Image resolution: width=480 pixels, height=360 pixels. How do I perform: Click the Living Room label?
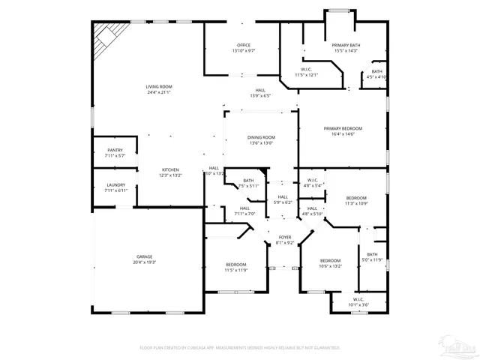pyautogui.click(x=159, y=88)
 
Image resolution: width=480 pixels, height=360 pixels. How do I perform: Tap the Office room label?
pyautogui.click(x=244, y=46)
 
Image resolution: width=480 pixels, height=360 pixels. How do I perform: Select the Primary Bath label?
pyautogui.click(x=346, y=46)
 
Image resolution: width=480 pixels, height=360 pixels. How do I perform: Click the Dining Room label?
pyautogui.click(x=262, y=138)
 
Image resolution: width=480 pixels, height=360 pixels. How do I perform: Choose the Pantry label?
pyautogui.click(x=115, y=151)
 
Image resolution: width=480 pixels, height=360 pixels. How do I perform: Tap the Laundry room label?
pyautogui.click(x=115, y=185)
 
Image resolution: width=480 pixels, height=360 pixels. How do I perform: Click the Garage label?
pyautogui.click(x=145, y=256)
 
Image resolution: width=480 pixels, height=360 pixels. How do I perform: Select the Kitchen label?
pyautogui.click(x=169, y=170)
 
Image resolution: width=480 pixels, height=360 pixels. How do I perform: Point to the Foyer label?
pyautogui.click(x=285, y=238)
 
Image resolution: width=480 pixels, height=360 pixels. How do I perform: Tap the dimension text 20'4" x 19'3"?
pyautogui.click(x=145, y=262)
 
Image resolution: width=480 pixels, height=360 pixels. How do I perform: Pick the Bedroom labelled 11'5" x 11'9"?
pyautogui.click(x=236, y=265)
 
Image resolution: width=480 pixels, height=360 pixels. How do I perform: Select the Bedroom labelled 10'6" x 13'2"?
pyautogui.click(x=330, y=261)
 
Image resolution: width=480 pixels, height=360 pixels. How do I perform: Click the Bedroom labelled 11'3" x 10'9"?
pyautogui.click(x=356, y=198)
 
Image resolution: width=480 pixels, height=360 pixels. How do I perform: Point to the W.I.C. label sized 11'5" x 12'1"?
pyautogui.click(x=307, y=70)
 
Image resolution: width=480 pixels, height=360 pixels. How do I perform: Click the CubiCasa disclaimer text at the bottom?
pyautogui.click(x=240, y=348)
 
